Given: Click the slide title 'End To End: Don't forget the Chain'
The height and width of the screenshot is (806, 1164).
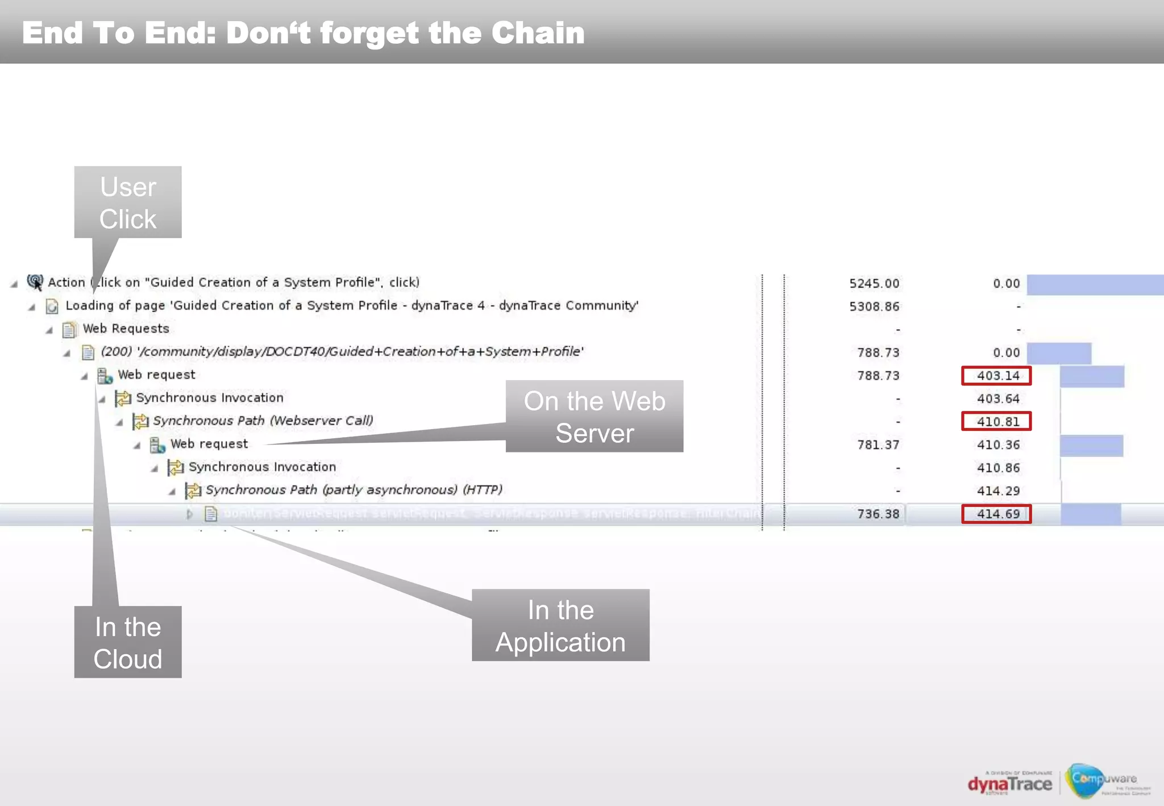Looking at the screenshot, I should (303, 33).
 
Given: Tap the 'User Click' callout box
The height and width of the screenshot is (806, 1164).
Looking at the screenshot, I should (128, 202).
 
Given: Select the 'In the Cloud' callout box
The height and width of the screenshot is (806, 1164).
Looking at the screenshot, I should (128, 642).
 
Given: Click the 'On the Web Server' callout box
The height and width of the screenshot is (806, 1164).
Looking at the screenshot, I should (594, 417).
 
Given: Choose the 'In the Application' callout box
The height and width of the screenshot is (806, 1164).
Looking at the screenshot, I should (560, 625).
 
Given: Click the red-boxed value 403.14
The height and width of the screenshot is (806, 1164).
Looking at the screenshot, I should (996, 376).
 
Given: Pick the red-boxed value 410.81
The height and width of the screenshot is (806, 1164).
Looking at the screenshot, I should (996, 422).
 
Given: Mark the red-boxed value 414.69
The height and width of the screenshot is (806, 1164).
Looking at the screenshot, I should (996, 514).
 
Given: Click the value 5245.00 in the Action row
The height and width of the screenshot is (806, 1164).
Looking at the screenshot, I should (874, 284).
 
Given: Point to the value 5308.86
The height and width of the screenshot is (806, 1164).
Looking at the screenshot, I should (874, 307).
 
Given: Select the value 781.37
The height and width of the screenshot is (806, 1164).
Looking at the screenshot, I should (878, 445).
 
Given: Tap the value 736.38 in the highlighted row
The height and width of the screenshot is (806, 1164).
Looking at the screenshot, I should (878, 514).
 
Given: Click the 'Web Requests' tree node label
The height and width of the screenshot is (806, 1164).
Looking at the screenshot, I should (126, 329).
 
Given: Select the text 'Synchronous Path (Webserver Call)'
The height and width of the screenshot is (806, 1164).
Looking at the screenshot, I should (263, 421).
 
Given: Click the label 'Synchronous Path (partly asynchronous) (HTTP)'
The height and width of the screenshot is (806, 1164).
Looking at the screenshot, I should (354, 490).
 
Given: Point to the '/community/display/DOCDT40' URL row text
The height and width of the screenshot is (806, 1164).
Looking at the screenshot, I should (342, 352).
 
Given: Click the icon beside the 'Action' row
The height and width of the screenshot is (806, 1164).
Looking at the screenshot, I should (35, 282).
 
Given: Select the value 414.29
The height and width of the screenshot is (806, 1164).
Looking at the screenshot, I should (998, 491).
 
